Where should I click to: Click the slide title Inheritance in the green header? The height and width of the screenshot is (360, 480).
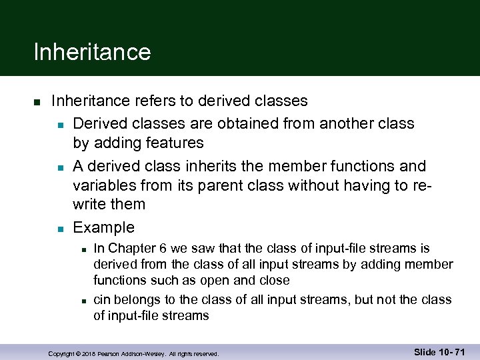92,51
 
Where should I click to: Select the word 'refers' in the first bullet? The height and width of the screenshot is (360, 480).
157,101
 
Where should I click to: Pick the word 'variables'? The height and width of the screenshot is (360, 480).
105,185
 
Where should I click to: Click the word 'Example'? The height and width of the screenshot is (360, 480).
103,227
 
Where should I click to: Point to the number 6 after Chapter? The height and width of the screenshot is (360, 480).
163,249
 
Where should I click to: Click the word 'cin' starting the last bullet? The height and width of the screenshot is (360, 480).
102,300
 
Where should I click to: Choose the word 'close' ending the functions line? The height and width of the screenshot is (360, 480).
275,280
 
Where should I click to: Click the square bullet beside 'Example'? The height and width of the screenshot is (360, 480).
60,229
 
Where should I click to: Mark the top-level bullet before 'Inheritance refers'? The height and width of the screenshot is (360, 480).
38,102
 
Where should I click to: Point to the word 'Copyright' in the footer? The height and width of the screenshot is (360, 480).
61,353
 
